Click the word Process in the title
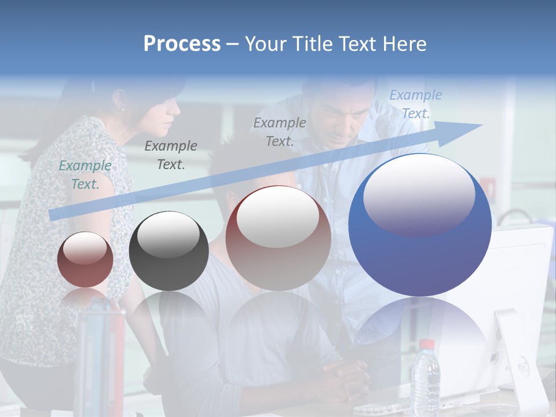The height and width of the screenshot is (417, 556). [182, 44]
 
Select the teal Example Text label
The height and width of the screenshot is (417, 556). [85, 175]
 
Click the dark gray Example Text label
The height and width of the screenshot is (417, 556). [171, 155]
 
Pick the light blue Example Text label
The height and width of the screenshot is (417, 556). [416, 104]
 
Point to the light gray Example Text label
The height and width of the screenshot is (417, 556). [280, 131]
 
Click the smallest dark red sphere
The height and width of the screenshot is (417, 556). [85, 261]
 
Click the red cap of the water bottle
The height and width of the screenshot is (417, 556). [427, 344]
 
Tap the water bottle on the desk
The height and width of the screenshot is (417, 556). [426, 379]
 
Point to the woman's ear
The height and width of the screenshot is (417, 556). [122, 105]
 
